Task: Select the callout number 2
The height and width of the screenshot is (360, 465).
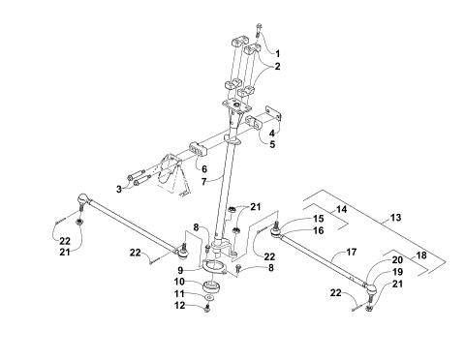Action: pyautogui.click(x=277, y=67)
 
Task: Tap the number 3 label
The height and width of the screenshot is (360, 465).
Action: pyautogui.click(x=118, y=188)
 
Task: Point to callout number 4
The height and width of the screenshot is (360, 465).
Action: pyautogui.click(x=272, y=133)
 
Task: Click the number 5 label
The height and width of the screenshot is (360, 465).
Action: pyautogui.click(x=272, y=145)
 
